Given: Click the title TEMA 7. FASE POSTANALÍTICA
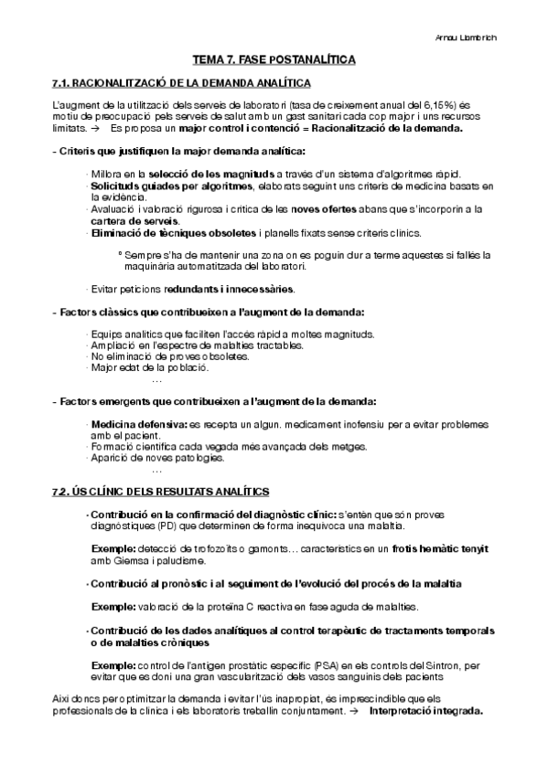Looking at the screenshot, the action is [x=274, y=59].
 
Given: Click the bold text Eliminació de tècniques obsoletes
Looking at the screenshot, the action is [x=173, y=233].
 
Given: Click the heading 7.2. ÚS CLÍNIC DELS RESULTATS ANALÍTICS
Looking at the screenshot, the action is [x=160, y=493].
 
